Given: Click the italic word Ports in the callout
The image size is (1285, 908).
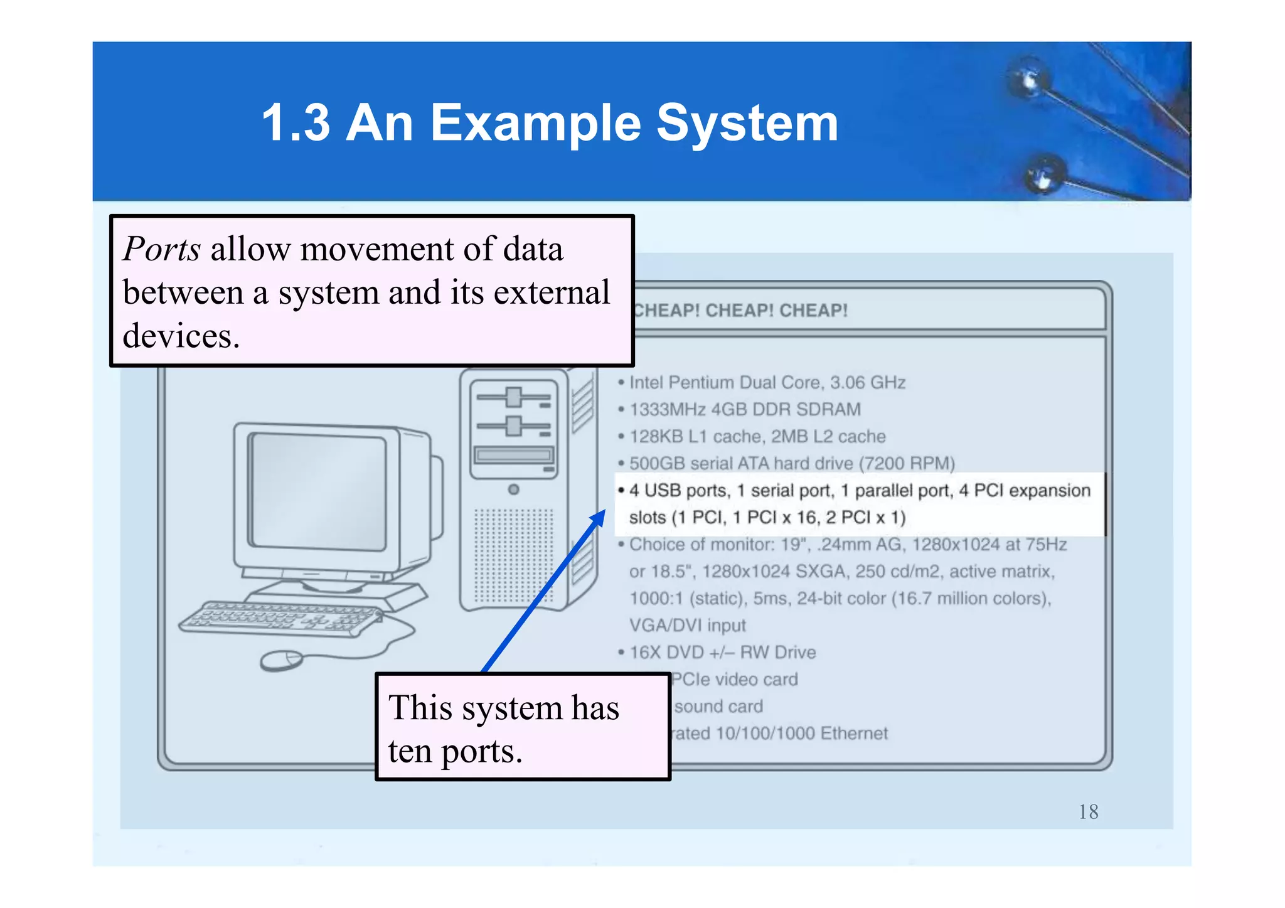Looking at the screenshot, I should click(x=162, y=249).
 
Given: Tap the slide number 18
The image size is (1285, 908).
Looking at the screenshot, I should click(x=1088, y=812).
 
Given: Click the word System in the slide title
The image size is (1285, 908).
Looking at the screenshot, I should click(x=747, y=123).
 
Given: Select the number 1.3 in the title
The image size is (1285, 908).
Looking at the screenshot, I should click(x=296, y=123).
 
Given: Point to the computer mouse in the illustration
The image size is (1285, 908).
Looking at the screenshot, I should click(x=281, y=660).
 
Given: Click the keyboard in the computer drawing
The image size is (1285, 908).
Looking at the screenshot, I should click(x=280, y=619).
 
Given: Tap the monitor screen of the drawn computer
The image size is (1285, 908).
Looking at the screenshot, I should click(x=318, y=491).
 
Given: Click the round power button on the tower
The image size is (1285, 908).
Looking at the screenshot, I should click(x=513, y=489).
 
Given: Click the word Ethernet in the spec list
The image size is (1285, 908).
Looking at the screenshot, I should click(x=854, y=734).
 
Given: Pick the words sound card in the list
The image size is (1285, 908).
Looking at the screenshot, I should click(x=718, y=707).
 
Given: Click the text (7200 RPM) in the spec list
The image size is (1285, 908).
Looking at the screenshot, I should click(x=907, y=464).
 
